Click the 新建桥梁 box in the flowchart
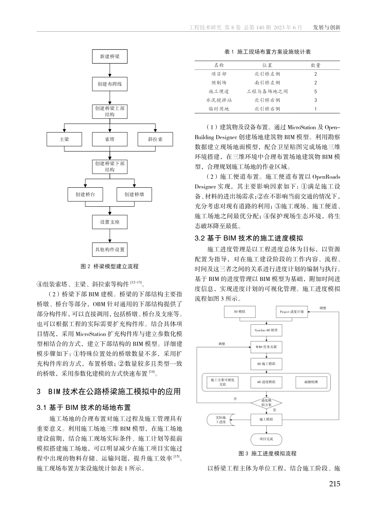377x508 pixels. (x=110, y=56)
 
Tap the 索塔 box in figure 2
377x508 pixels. (x=110, y=139)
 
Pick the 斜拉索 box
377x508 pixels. (x=155, y=139)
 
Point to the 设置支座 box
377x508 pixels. (x=110, y=222)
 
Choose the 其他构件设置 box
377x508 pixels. (x=110, y=249)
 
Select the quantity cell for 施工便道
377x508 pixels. (x=315, y=91)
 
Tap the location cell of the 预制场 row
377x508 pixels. (x=267, y=83)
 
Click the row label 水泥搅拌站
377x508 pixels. (x=219, y=100)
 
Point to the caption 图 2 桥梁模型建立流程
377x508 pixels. (x=110, y=266)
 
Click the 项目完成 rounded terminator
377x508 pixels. (x=266, y=439)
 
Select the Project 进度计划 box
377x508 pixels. (x=292, y=312)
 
